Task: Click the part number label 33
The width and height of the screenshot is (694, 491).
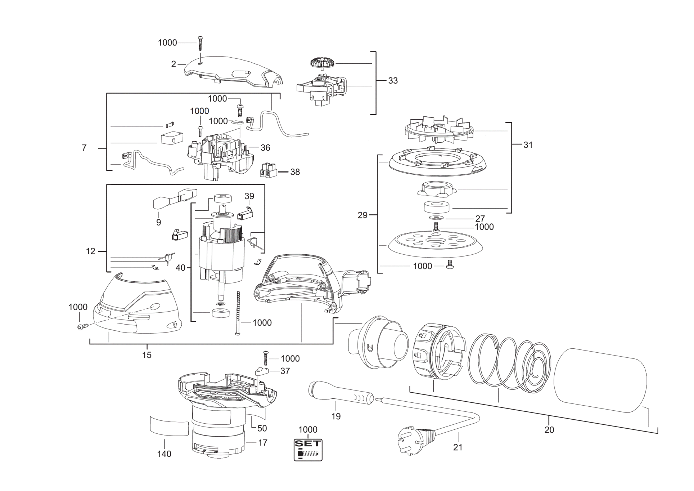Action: click(x=393, y=81)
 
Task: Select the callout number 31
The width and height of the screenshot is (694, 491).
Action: click(x=528, y=145)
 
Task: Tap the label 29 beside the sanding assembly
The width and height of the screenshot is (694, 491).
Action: click(x=362, y=215)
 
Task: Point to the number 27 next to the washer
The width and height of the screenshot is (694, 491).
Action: click(x=480, y=218)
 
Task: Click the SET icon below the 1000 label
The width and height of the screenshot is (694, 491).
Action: click(x=308, y=450)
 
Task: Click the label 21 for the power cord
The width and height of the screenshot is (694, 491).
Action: click(x=458, y=447)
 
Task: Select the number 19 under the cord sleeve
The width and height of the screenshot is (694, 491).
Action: click(x=335, y=416)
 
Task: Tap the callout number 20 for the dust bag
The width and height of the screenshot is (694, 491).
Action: click(x=549, y=429)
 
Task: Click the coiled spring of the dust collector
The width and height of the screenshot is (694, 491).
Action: click(x=509, y=364)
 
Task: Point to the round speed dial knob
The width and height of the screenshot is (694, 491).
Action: click(x=322, y=63)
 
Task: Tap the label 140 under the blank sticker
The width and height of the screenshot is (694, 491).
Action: click(x=164, y=454)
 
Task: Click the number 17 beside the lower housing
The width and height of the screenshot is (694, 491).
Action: click(x=263, y=442)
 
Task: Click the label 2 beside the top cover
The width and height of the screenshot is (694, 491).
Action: click(x=173, y=64)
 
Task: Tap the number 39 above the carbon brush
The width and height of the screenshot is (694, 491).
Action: click(x=249, y=196)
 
